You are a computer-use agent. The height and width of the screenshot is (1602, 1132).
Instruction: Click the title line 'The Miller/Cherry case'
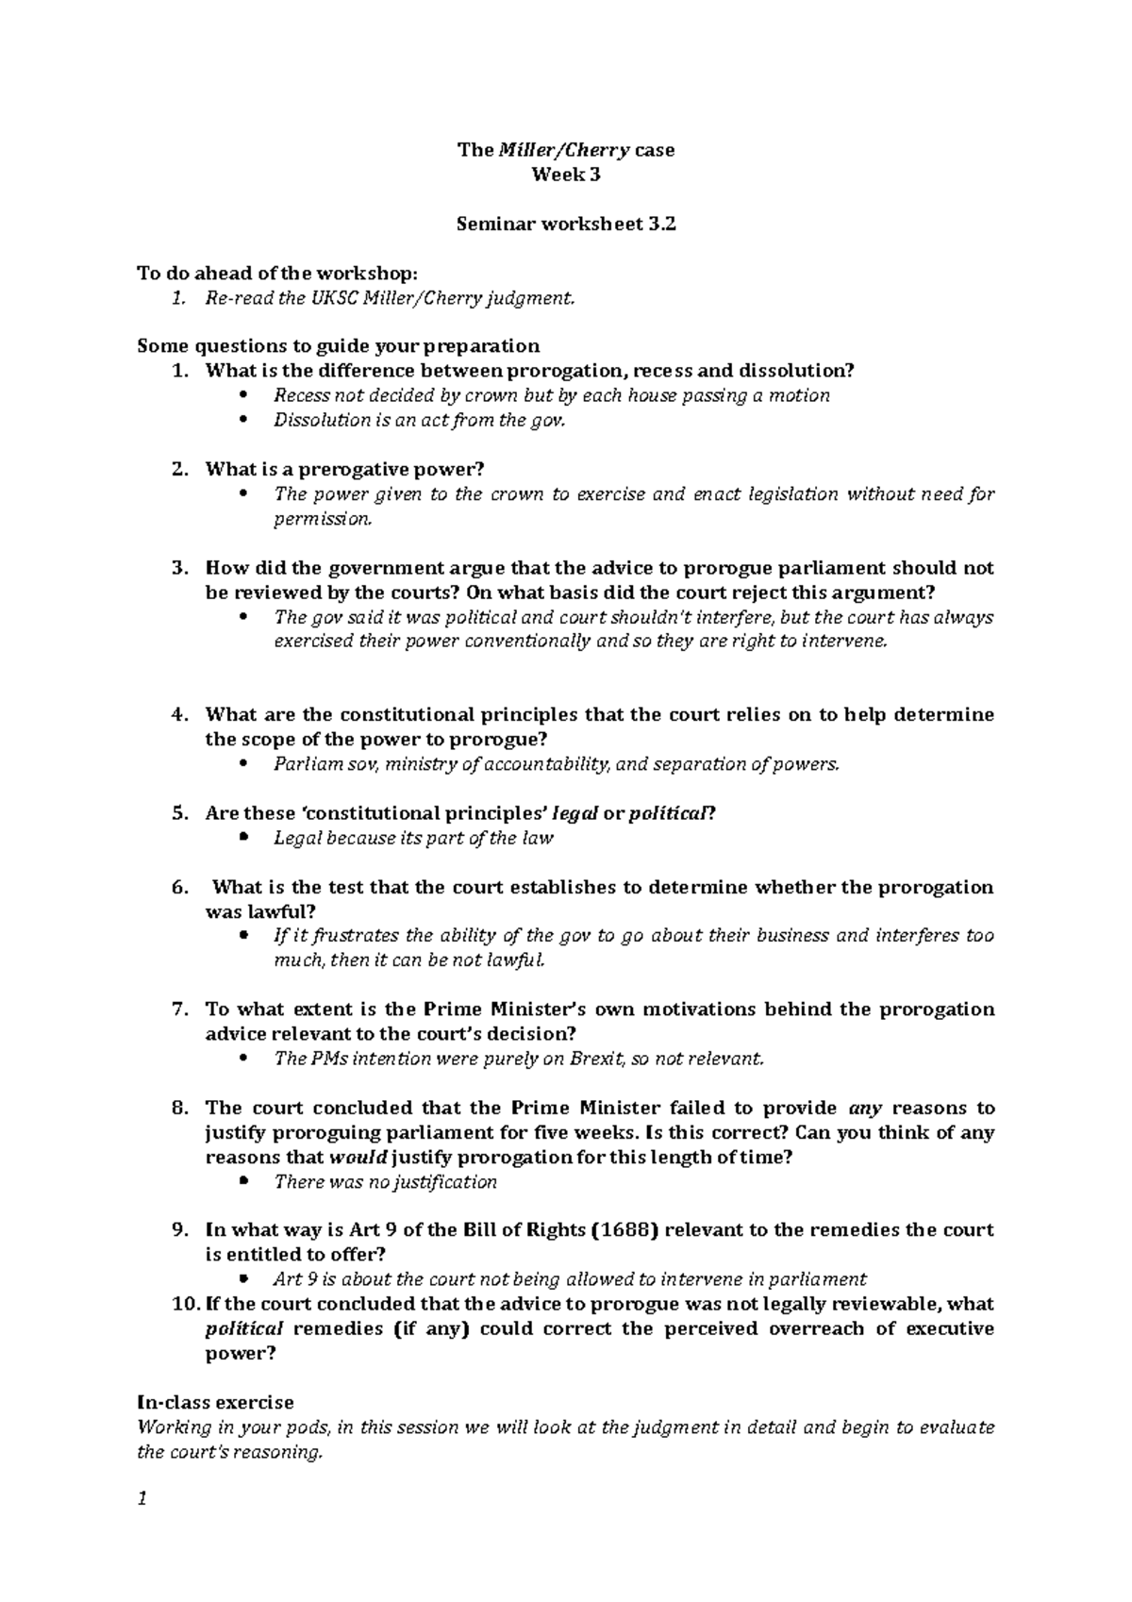[566, 150]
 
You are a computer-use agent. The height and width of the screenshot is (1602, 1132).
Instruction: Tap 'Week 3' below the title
[566, 175]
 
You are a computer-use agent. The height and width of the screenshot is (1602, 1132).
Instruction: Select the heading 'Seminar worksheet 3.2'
[566, 225]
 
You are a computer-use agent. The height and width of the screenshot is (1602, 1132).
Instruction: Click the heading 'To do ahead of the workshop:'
[275, 274]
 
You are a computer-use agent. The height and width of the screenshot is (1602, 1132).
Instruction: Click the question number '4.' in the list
[180, 715]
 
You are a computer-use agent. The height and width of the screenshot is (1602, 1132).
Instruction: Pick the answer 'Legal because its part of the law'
[413, 838]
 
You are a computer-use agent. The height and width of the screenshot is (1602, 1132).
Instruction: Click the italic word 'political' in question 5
[667, 813]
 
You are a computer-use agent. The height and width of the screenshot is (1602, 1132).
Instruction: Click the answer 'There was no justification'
[385, 1182]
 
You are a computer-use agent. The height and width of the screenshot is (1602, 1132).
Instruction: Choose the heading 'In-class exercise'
[215, 1402]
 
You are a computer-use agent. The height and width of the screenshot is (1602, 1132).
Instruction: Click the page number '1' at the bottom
[142, 1500]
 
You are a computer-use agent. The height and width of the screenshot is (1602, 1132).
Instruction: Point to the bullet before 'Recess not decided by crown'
[243, 396]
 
